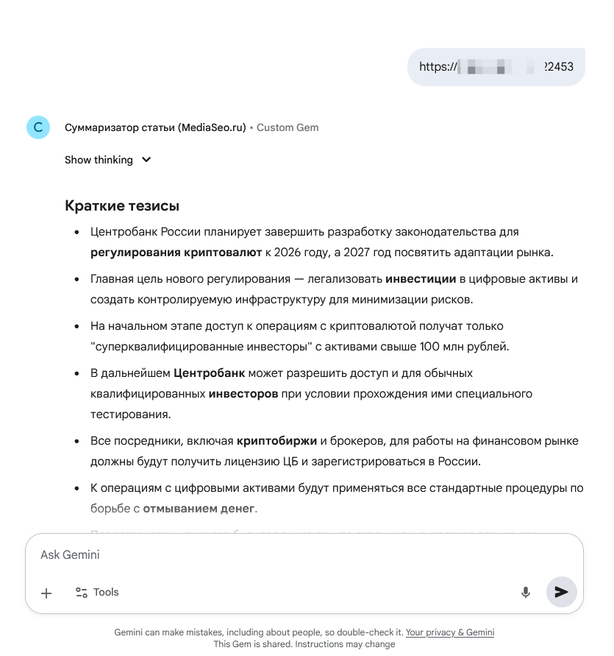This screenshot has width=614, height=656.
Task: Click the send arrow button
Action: [561, 592]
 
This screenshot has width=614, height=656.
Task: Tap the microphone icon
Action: [526, 592]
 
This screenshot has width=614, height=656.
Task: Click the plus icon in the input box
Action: [46, 593]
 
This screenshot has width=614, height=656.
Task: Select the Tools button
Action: [97, 592]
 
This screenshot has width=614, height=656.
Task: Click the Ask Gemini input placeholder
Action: [70, 554]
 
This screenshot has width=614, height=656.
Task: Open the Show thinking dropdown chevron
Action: [146, 160]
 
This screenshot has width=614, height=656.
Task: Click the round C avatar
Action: [38, 127]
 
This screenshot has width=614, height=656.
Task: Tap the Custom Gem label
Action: [288, 127]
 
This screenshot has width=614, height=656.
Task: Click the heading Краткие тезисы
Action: [122, 205]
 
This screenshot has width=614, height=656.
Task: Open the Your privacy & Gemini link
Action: [450, 632]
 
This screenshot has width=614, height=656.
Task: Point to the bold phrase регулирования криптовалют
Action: [176, 253]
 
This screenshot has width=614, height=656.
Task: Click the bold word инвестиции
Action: [421, 279]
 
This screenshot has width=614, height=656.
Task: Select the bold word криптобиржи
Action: [276, 441]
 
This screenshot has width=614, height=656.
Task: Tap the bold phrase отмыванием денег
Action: [199, 508]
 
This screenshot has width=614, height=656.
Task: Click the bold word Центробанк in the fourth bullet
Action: [210, 373]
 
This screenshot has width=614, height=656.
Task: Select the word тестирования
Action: [130, 414]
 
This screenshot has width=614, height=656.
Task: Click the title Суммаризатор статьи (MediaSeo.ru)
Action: [155, 127]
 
